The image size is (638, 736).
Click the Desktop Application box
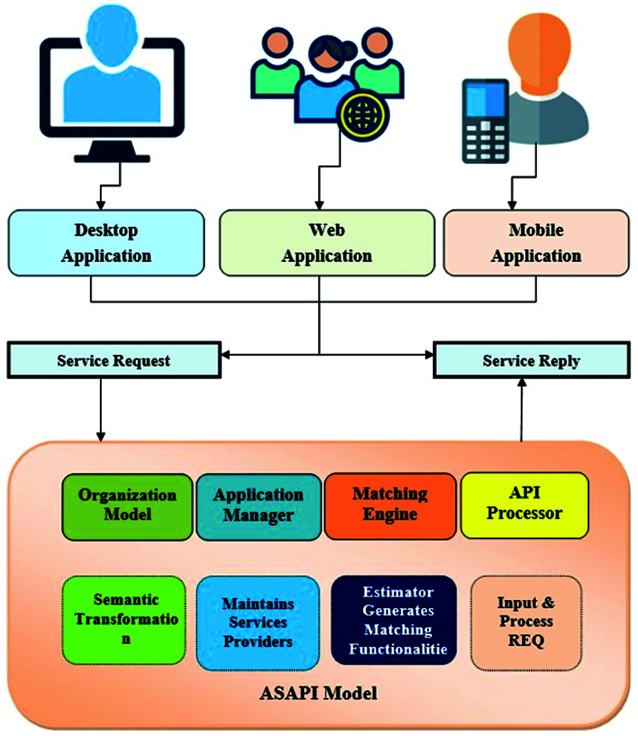tap(106, 243)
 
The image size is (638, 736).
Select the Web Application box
tap(327, 243)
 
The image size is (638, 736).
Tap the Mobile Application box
tap(536, 243)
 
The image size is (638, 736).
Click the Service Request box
tap(113, 360)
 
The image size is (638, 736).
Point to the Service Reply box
tap(531, 360)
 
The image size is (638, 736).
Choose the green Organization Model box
tap(127, 505)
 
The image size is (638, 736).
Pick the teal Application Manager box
tap(258, 505)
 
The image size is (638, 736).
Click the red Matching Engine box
tap(390, 505)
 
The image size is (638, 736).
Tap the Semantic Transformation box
tap(124, 620)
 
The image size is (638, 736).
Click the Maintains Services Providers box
tap(258, 623)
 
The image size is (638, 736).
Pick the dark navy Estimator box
tap(394, 621)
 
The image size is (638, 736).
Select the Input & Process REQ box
tap(526, 622)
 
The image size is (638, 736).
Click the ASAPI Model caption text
tap(318, 693)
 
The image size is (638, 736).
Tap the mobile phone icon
tap(485, 121)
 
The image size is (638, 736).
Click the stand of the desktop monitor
tap(112, 152)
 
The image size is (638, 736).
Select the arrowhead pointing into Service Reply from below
tap(521, 383)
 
